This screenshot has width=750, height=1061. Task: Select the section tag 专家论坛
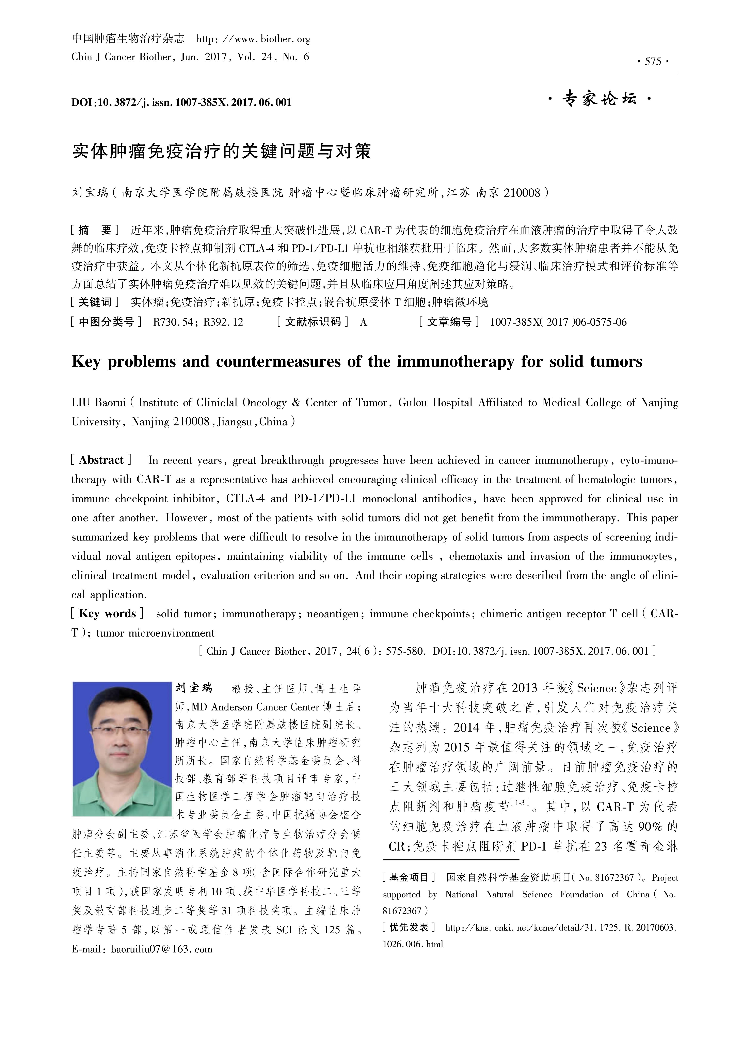[599, 99]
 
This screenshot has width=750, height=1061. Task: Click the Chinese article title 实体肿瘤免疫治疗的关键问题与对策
[222, 151]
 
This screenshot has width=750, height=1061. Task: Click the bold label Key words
[107, 614]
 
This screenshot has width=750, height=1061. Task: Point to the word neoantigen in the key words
[333, 614]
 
